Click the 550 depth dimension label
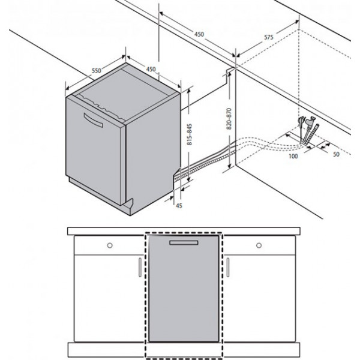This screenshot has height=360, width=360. tap(97, 70)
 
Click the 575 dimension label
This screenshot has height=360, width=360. tap(269, 37)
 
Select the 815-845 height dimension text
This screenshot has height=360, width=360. tap(190, 134)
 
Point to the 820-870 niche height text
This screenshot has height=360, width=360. tap(229, 119)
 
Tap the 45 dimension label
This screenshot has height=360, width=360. tap(179, 206)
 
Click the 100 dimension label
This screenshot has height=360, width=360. tap(293, 157)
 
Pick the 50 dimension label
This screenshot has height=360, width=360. tap(336, 154)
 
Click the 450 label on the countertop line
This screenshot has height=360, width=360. tap(199, 34)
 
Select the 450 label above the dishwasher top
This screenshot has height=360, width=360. tap(151, 69)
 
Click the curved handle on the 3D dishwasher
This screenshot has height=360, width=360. tap(93, 120)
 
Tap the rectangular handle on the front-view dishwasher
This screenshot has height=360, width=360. tap(184, 242)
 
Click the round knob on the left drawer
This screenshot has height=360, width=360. tap(110, 245)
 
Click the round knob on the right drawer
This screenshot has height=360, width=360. tap(259, 245)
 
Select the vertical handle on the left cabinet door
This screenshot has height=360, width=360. tap(140, 267)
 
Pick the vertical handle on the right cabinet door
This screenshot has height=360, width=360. tap(228, 267)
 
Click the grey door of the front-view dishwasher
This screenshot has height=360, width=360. tap(184, 289)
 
